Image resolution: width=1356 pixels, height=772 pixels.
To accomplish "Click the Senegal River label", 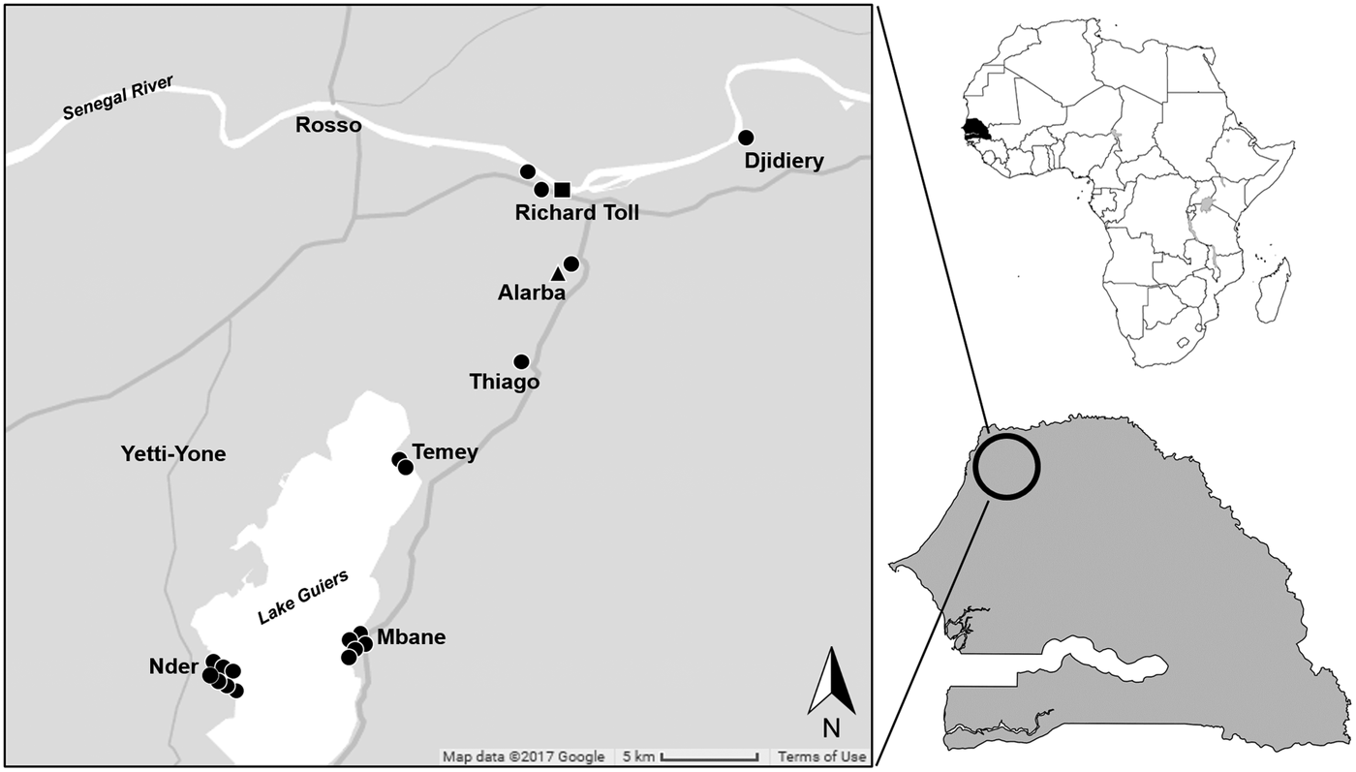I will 117,98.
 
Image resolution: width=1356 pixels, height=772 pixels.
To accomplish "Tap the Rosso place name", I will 329,126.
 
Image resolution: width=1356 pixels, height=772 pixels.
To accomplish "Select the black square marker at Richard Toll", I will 562,190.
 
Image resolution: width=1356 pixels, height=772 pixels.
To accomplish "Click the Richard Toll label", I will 577,213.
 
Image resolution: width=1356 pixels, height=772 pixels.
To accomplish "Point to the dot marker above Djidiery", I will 746,138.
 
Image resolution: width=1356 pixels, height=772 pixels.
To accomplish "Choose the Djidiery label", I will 785,161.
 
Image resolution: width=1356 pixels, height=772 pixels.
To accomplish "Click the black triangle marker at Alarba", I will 557,274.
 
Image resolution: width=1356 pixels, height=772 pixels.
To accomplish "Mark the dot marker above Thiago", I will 521,361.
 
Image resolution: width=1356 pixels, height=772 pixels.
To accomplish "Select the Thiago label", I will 504,383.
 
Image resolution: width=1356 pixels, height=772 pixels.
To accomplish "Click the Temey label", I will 445,452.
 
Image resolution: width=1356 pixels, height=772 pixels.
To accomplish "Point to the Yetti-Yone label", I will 173,453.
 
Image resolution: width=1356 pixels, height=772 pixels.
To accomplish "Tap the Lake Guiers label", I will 303,598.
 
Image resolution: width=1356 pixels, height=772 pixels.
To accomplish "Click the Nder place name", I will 173,667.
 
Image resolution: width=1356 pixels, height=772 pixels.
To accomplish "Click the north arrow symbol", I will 831,683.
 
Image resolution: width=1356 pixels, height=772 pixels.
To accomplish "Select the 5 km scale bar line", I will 710,757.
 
